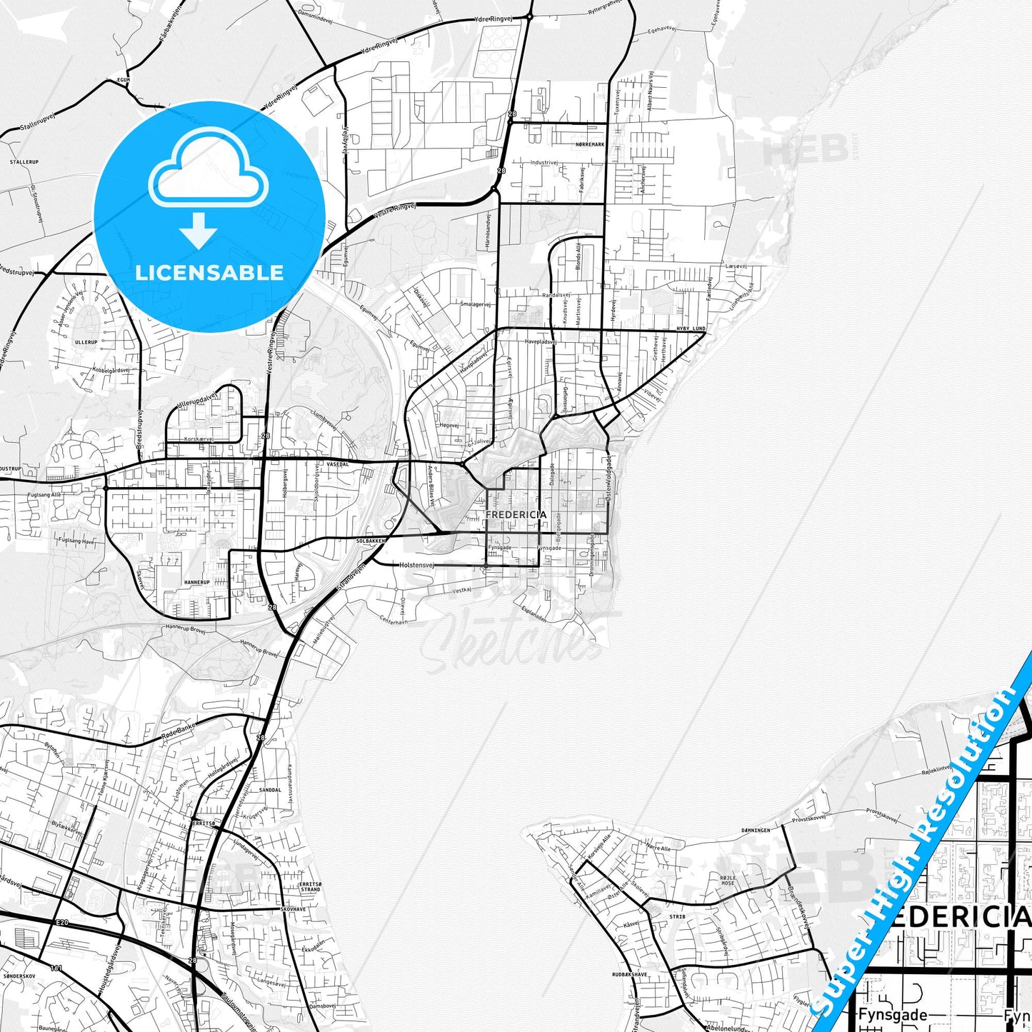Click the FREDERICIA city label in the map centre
pos(516,514)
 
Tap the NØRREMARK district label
pos(590,144)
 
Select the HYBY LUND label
pos(691,329)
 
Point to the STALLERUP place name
pos(24,162)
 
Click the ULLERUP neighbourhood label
pos(86,343)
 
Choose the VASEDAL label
pos(337,464)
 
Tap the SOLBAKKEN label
pos(371,541)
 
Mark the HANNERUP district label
pos(197,582)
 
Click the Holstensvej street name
pos(417,565)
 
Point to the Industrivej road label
pos(543,163)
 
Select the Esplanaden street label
pos(533,613)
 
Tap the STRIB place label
pos(677,916)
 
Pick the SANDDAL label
pos(270,790)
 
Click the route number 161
pos(56,968)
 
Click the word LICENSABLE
pos(209,273)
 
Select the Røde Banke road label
pos(179,730)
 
